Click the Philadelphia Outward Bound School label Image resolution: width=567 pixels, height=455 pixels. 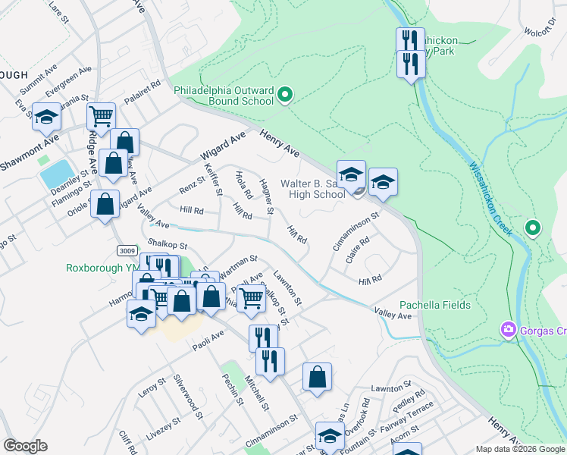click(224, 95)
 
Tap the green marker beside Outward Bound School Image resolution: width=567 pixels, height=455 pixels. click(285, 95)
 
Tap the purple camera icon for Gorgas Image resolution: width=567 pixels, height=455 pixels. click(508, 330)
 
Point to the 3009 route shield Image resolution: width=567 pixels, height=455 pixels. click(127, 249)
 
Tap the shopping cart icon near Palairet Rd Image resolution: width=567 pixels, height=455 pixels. click(101, 117)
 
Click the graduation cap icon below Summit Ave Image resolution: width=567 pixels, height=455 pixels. click(47, 118)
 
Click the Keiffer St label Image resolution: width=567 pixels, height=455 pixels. click(214, 181)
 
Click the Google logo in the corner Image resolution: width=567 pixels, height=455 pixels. click(26, 447)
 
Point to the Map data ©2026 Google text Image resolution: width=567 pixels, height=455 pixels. click(521, 449)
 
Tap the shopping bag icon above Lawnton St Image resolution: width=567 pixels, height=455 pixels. click(317, 376)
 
